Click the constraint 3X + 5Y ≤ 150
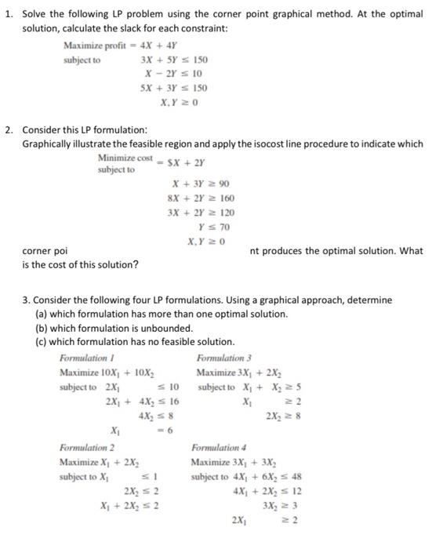tap(174, 60)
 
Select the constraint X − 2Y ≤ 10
tap(177, 74)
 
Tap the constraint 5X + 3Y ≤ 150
tap(174, 88)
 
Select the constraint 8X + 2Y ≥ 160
tap(201, 198)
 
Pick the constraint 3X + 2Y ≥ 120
tap(201, 213)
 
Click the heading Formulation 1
tap(85, 358)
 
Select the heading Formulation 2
tap(85, 448)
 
